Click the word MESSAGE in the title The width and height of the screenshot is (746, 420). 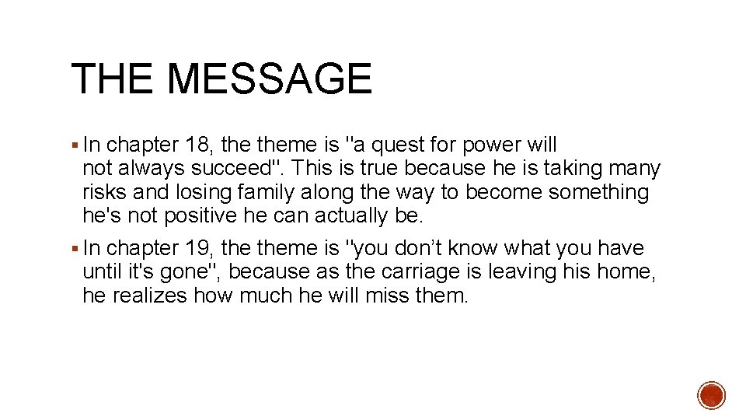tap(270, 79)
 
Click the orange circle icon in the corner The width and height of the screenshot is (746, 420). tap(711, 395)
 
